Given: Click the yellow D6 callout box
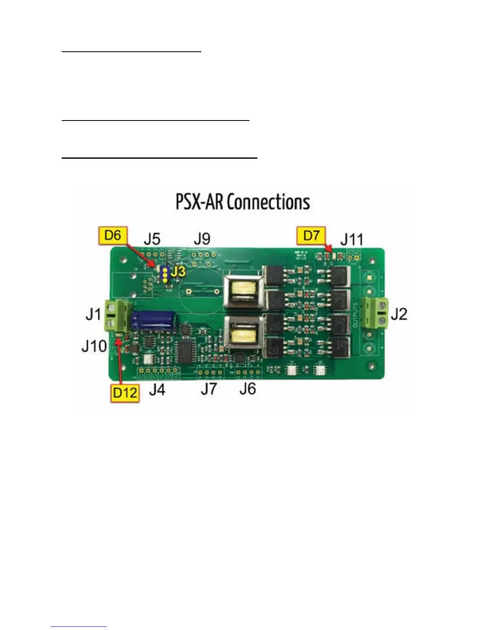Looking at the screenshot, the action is click(x=112, y=235).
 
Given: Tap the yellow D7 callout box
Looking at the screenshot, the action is click(x=311, y=235).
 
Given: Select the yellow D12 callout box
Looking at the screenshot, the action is click(x=125, y=393).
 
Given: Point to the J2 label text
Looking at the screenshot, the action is click(x=399, y=314).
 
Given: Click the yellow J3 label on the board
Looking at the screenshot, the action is click(x=178, y=272).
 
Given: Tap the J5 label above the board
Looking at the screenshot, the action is click(x=152, y=239).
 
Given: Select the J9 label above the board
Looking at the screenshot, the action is click(x=202, y=239).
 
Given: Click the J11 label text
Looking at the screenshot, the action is click(x=352, y=239).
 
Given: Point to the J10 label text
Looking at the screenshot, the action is click(x=94, y=346).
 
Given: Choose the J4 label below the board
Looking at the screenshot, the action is click(x=157, y=389).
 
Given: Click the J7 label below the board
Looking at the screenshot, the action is click(x=208, y=389).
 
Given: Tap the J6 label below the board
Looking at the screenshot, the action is click(x=247, y=389).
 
